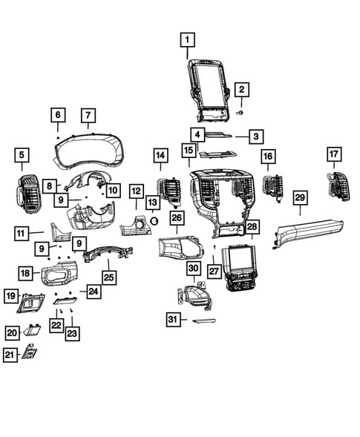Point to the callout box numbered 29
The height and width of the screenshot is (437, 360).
coord(300,197)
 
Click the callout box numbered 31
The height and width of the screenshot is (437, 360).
coord(173,319)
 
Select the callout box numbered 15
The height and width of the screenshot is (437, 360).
coord(188,151)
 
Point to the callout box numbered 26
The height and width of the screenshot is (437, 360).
coord(176,217)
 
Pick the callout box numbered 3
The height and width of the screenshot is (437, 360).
coord(255,136)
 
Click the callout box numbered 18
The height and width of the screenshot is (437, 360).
coord(25,273)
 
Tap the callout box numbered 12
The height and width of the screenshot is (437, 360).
coord(136,191)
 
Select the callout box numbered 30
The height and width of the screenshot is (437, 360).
coord(193,268)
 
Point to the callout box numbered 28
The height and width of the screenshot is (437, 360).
coord(252,226)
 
